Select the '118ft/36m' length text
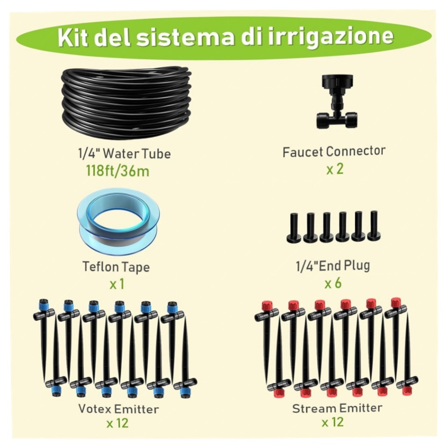117,171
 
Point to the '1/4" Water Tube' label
124,154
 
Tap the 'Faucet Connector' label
334,152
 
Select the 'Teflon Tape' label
116,267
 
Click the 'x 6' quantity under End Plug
333,283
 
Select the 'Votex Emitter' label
118,409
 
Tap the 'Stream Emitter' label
337,408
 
